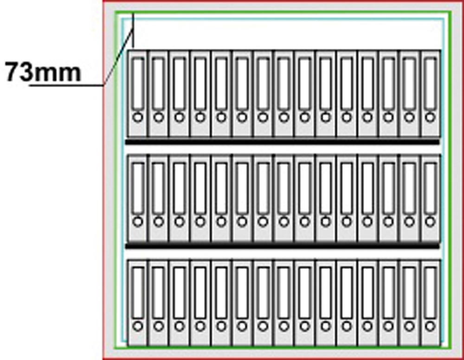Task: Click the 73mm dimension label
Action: pyautogui.click(x=43, y=73)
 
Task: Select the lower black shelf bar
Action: pyautogui.click(x=282, y=246)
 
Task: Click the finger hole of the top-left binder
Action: pyautogui.click(x=137, y=118)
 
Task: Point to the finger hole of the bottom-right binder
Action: pyautogui.click(x=431, y=326)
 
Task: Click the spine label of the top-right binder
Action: pyautogui.click(x=431, y=84)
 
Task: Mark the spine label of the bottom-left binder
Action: pyautogui.click(x=137, y=292)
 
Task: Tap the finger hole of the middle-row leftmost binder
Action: pyautogui.click(x=137, y=222)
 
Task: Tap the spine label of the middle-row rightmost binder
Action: pyautogui.click(x=431, y=188)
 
